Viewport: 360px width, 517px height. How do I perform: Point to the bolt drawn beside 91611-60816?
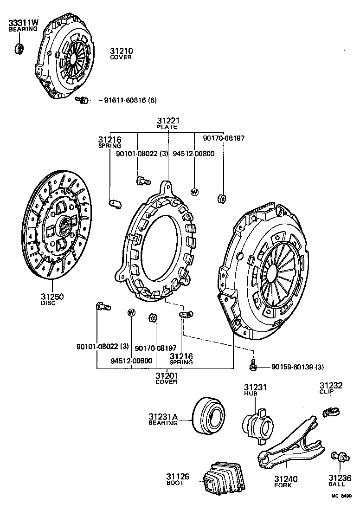pos(83,99)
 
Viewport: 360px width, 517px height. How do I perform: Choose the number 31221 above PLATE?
pos(167,121)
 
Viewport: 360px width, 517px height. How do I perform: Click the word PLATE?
pos(167,127)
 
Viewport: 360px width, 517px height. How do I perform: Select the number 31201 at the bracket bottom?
pos(167,375)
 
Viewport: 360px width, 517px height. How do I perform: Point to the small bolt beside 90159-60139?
pos(253,366)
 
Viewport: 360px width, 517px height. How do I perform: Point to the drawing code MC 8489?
pos(341,509)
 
